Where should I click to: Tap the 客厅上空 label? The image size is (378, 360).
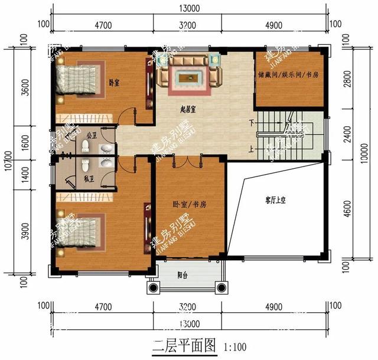point(275,201)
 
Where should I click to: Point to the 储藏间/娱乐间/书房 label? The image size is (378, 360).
point(289,76)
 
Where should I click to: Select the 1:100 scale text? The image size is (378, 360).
point(236,346)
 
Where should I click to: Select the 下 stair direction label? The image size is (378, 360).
point(251,123)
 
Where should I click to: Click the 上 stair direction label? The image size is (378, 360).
point(251,149)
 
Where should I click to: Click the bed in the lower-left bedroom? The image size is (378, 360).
point(76,227)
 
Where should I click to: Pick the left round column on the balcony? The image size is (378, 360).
point(154,288)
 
